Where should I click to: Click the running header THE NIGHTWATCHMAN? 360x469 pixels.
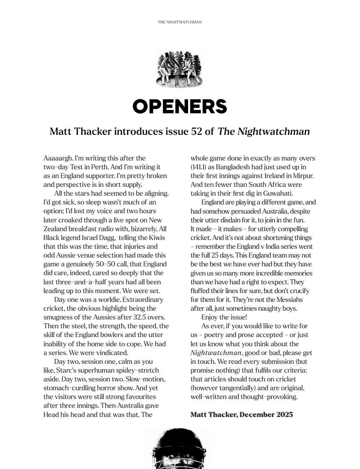click(180, 22)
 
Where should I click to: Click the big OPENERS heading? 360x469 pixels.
click(180, 107)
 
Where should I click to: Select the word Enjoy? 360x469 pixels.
click(210, 317)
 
